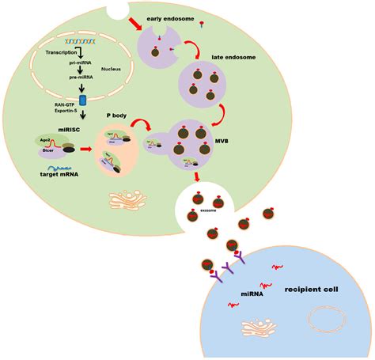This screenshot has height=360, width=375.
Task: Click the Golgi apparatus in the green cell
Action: point(129,198)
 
